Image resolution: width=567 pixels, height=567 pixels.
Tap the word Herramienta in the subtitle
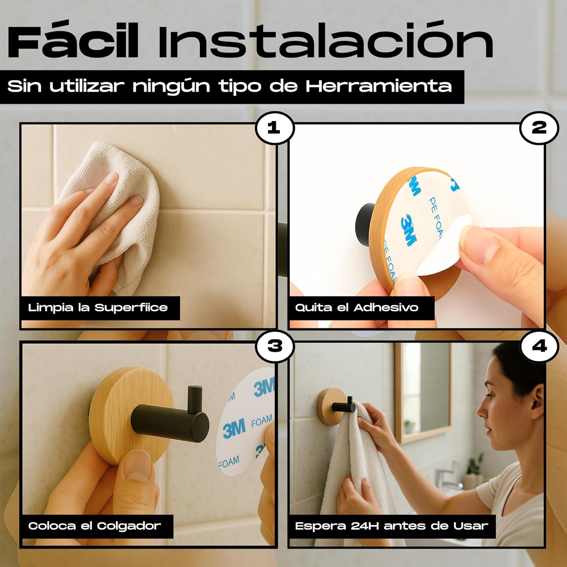coord(379,86)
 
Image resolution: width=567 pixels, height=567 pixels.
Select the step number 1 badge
coord(274,128)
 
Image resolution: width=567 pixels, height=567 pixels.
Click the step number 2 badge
coord(539,128)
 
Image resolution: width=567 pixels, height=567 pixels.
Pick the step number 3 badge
coord(274,346)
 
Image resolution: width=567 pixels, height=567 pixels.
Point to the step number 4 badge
coord(539,346)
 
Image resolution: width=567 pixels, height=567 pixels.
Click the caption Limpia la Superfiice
coord(98,308)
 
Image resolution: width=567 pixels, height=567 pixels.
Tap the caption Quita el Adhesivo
coord(357,308)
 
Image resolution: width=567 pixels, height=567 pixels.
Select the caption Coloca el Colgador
coord(94,526)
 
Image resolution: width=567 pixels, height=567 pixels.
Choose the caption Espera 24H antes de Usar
coord(392,526)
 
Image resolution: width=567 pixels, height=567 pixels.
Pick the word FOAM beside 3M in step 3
coord(262,421)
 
